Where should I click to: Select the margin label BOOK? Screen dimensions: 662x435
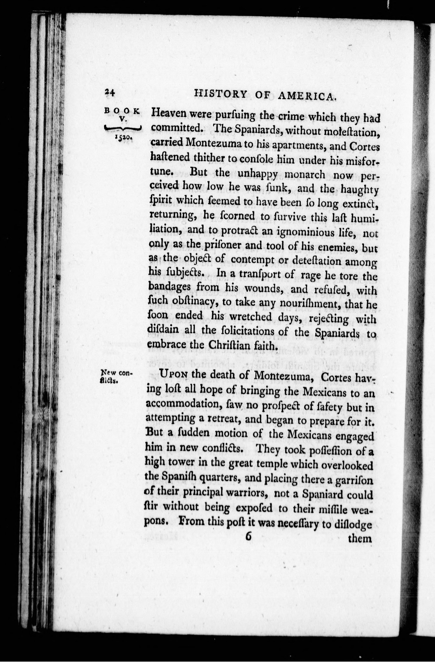tap(122, 110)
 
